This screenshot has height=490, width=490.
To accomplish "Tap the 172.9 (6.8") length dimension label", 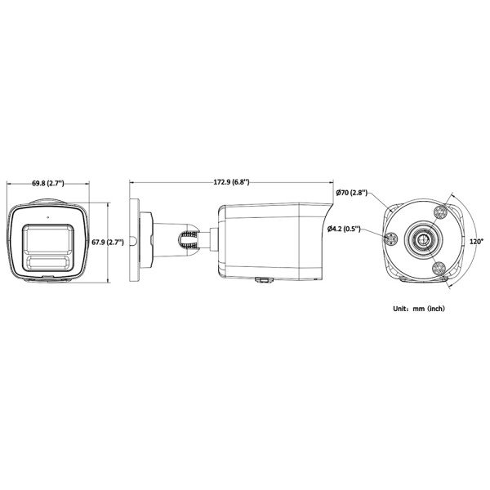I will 232,181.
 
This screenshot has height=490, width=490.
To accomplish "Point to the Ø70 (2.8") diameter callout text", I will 351,194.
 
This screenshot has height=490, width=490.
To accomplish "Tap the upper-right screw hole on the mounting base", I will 439,212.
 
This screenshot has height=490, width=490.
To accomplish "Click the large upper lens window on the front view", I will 49,238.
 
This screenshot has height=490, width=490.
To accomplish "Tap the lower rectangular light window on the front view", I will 49,263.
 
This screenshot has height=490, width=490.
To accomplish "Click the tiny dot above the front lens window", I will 49,218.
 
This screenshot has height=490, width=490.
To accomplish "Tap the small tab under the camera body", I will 263,280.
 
